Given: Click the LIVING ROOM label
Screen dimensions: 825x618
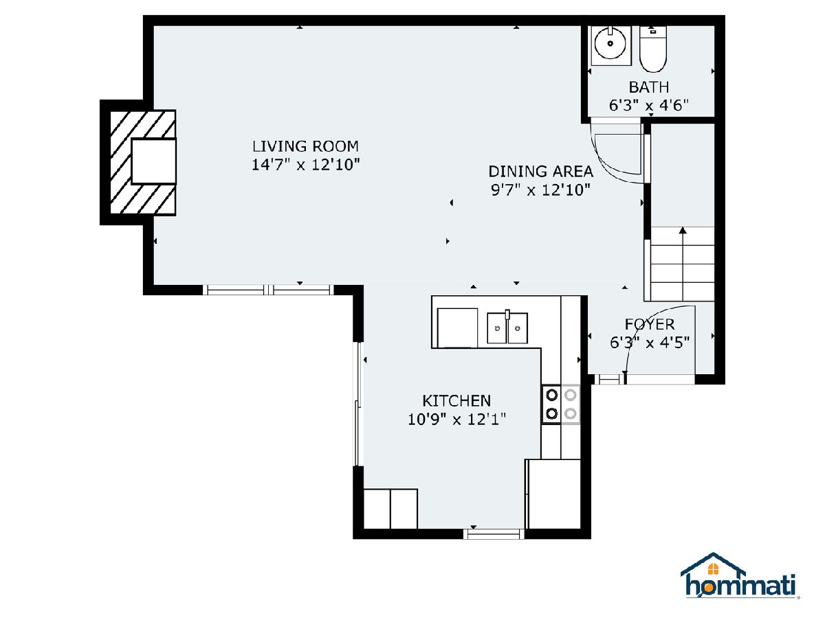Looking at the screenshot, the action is (x=305, y=146).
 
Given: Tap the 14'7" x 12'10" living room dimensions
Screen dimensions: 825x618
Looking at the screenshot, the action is (x=305, y=164).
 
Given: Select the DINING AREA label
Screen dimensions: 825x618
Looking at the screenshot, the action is (x=540, y=171).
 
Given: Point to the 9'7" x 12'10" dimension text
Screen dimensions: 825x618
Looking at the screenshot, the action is (x=540, y=190).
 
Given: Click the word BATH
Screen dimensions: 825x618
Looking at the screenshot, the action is (x=649, y=87).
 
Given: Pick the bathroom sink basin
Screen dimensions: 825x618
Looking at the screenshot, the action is (x=610, y=44).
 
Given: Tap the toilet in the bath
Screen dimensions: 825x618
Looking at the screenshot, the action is (x=653, y=49).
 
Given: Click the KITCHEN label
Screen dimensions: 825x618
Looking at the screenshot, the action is (x=456, y=401).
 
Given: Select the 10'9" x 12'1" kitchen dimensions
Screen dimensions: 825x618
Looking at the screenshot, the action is (x=456, y=419).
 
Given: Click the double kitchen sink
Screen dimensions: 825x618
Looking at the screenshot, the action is (x=507, y=328).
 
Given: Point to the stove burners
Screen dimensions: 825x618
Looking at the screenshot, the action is (x=561, y=404).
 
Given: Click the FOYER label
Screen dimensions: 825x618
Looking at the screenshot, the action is (x=650, y=324).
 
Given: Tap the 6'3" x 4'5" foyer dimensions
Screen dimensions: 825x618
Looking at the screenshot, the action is (x=650, y=342).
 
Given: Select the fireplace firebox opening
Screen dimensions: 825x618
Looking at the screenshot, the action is (x=153, y=161).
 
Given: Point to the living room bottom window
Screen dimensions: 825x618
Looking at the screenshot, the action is (x=268, y=290).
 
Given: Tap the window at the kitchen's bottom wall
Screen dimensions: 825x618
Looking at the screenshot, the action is (x=494, y=534).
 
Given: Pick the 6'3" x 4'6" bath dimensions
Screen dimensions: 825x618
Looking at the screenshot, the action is (x=649, y=106).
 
